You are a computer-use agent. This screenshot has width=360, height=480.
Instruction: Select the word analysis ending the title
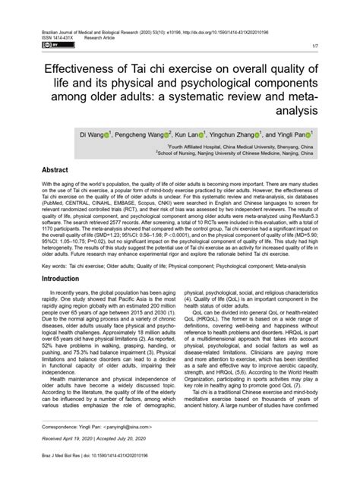(179, 109)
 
